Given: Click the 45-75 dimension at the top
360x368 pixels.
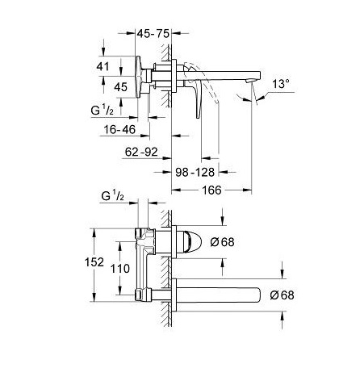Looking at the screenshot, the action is click(153, 34).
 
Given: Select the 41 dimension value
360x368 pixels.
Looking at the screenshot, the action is click(103, 66).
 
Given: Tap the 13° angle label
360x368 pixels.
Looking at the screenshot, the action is click(281, 84).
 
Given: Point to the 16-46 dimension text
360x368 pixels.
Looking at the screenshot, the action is click(119, 130).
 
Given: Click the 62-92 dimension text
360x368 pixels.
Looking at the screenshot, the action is click(141, 153).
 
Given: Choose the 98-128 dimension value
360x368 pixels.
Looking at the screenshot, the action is click(195, 172).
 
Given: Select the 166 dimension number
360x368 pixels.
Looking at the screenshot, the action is click(211, 190).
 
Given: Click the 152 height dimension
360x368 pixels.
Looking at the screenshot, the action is click(94, 262).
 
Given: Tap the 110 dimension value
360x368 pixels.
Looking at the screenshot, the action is click(120, 269).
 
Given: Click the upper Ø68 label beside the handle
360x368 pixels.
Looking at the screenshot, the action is click(222, 242).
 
